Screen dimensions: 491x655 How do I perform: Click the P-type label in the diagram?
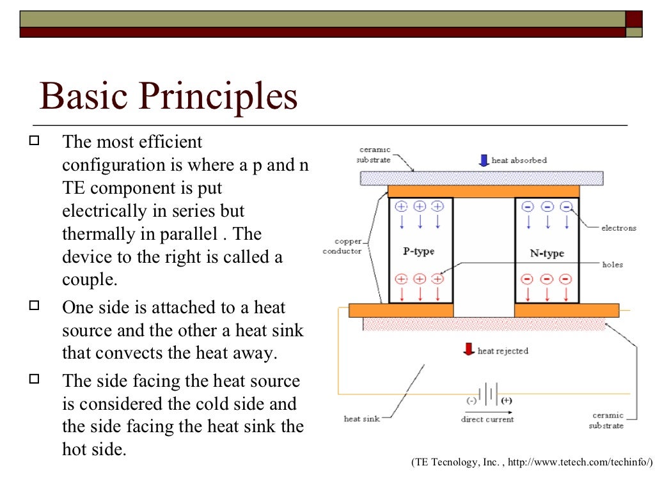pyautogui.click(x=419, y=251)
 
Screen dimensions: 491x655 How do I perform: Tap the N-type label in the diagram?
pyautogui.click(x=547, y=253)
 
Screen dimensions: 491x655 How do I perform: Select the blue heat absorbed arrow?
pyautogui.click(x=484, y=160)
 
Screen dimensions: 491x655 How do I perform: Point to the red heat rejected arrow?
pyautogui.click(x=469, y=350)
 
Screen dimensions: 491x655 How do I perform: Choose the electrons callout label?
pyautogui.click(x=619, y=228)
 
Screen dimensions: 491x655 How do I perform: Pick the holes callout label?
pyautogui.click(x=612, y=264)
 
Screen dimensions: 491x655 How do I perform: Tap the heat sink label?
pyautogui.click(x=361, y=419)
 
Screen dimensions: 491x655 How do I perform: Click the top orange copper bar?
pyautogui.click(x=483, y=191)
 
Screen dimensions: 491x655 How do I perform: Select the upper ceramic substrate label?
pyautogui.click(x=374, y=154)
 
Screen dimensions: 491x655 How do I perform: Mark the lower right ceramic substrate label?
pyautogui.click(x=606, y=420)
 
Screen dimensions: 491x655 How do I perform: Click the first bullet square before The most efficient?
pyautogui.click(x=35, y=139)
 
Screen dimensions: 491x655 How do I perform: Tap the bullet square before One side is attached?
pyautogui.click(x=35, y=305)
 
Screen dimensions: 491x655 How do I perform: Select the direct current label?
pyautogui.click(x=487, y=419)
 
